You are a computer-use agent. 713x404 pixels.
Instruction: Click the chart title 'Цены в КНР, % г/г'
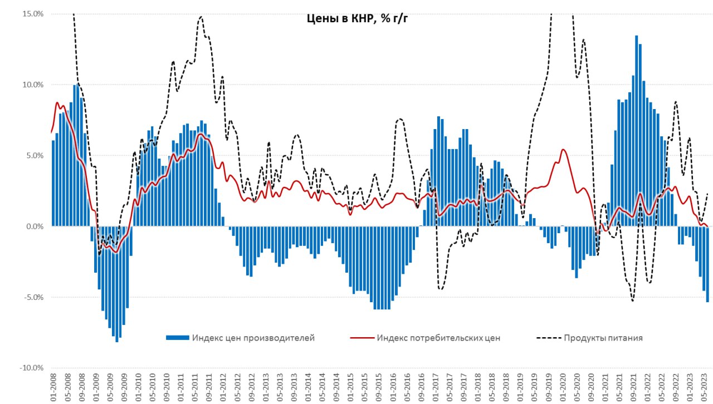coord(358,18)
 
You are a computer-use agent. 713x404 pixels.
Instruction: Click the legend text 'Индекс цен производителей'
coord(253,338)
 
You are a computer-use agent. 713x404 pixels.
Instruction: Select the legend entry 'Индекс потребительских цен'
coord(438,338)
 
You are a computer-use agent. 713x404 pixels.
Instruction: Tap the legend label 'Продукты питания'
coord(603,338)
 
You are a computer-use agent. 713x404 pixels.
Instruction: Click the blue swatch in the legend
coord(177,338)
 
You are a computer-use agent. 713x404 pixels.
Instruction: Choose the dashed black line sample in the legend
coord(548,338)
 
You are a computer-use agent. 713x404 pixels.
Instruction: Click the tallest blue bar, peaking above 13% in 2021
coord(637,131)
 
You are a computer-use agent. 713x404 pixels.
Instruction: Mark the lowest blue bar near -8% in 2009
coord(117,284)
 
